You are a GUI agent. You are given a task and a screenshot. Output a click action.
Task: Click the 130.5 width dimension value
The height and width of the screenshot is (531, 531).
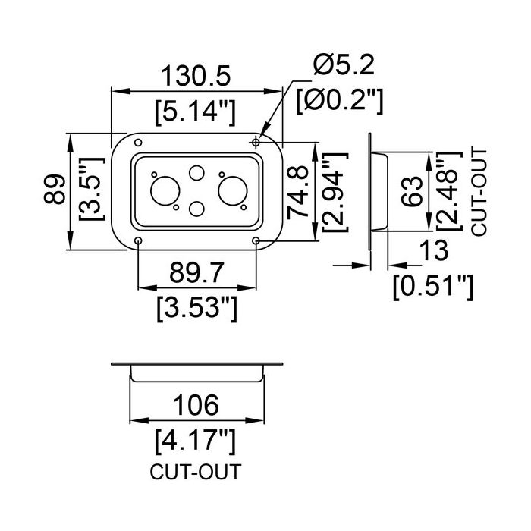[196, 76]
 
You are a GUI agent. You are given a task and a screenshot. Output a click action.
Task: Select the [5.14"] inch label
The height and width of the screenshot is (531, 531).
[195, 112]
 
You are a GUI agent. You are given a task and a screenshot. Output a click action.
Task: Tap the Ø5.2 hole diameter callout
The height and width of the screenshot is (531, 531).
[344, 65]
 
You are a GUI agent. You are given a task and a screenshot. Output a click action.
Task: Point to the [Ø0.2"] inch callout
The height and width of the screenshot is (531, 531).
[340, 101]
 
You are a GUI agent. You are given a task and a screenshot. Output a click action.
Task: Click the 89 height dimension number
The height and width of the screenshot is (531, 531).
[55, 189]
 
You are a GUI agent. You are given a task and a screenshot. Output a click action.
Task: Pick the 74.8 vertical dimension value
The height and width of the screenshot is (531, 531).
[297, 192]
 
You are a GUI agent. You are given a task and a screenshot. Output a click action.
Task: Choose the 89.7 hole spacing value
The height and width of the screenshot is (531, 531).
[196, 273]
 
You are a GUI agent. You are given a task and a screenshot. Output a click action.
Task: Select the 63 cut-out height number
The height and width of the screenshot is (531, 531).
[412, 191]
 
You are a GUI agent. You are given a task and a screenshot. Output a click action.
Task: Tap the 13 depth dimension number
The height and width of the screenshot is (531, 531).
[433, 250]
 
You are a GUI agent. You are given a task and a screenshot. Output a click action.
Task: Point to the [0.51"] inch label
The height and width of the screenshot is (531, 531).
[433, 287]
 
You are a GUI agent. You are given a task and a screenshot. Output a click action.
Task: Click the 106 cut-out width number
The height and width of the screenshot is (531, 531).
[196, 405]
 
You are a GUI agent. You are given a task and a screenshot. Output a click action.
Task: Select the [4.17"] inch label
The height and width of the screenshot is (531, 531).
[195, 441]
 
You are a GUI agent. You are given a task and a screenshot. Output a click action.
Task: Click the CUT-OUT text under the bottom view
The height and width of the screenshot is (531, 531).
[196, 472]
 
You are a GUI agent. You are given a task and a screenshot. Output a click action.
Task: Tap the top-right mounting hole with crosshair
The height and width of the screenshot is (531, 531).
[256, 143]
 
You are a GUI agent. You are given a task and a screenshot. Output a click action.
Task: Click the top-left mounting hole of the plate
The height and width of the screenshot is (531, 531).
[138, 143]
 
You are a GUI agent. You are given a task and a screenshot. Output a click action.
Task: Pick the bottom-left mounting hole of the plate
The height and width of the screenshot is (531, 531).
[138, 240]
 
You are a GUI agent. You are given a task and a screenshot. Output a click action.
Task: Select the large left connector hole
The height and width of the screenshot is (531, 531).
[165, 190]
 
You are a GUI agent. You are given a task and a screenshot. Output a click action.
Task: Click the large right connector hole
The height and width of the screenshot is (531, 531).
[233, 190]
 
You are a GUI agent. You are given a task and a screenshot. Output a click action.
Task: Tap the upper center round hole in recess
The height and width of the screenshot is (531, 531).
[196, 173]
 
